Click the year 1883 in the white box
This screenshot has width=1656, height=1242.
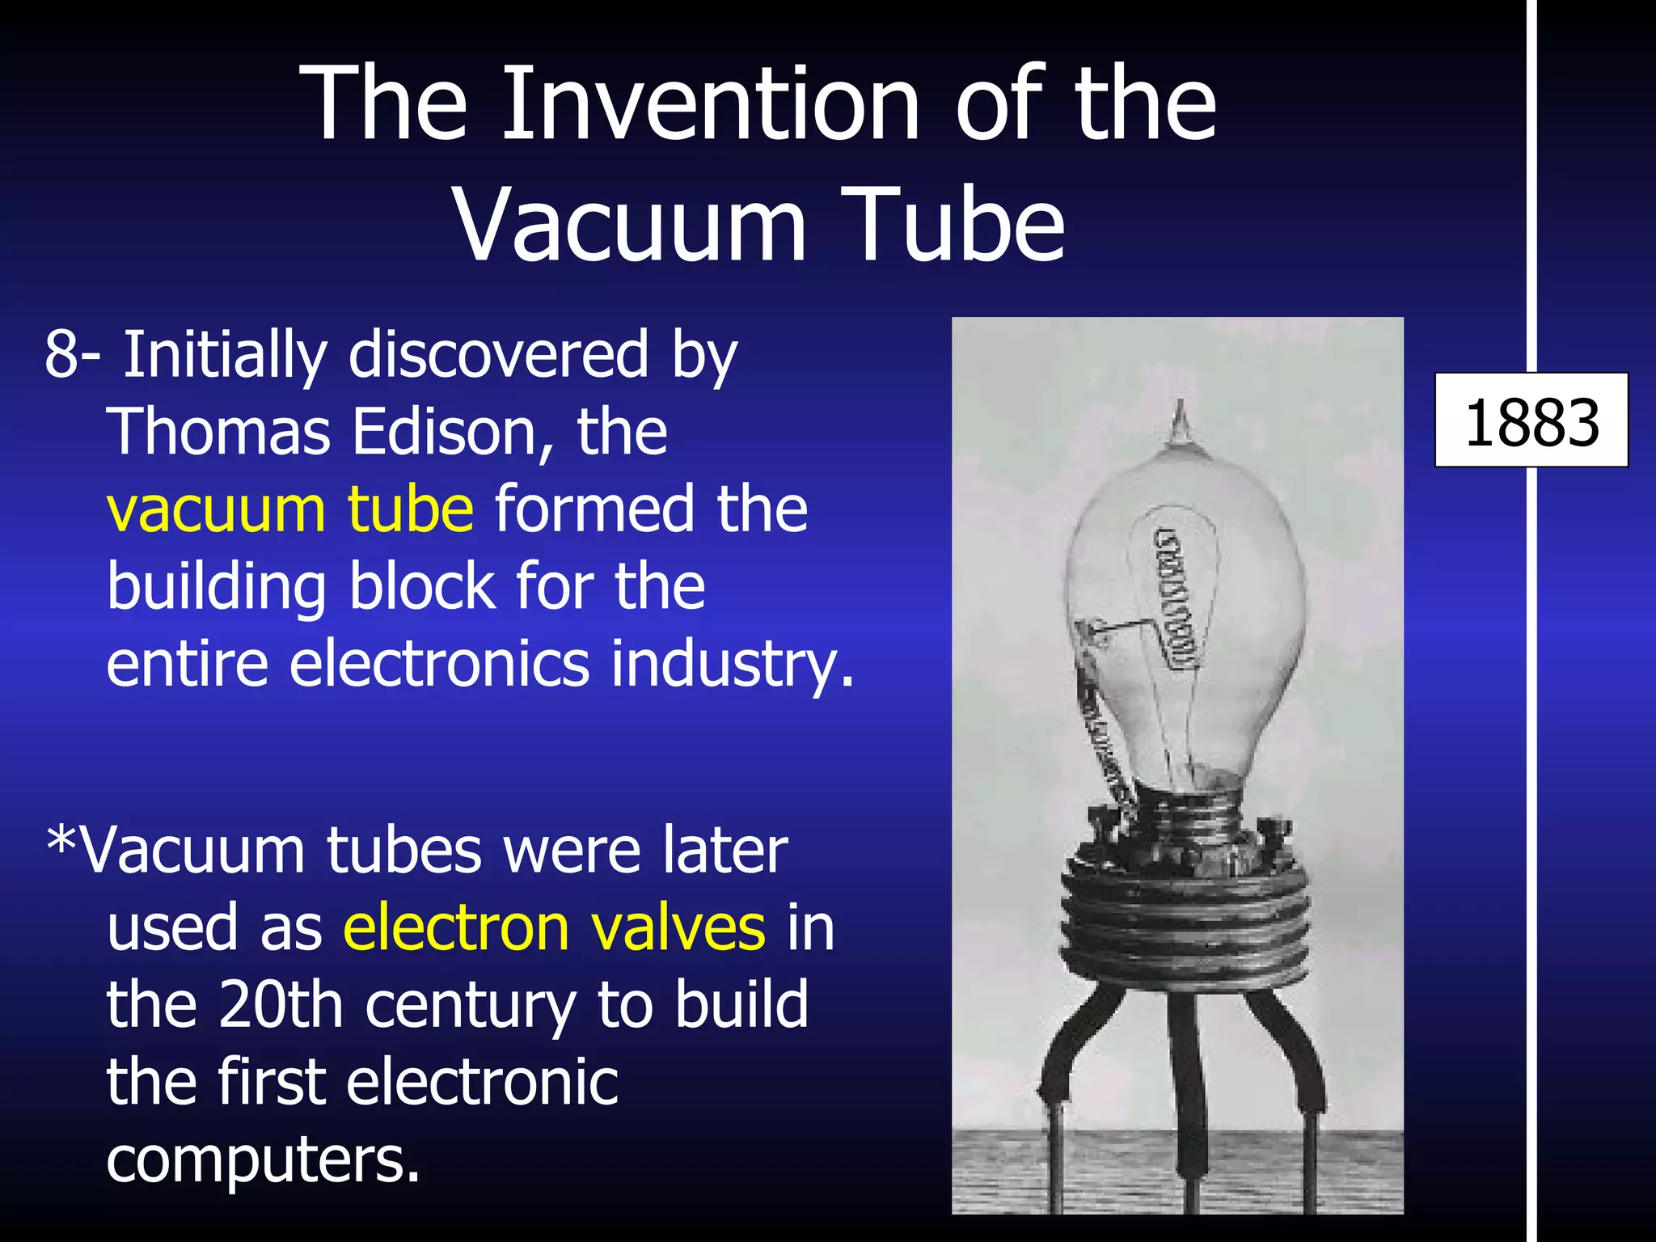pyautogui.click(x=1531, y=422)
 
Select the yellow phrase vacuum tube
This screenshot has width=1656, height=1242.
pyautogui.click(x=290, y=509)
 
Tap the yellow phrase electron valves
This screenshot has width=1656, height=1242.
pyautogui.click(x=555, y=927)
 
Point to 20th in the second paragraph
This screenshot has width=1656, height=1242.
pyautogui.click(x=272, y=1004)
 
